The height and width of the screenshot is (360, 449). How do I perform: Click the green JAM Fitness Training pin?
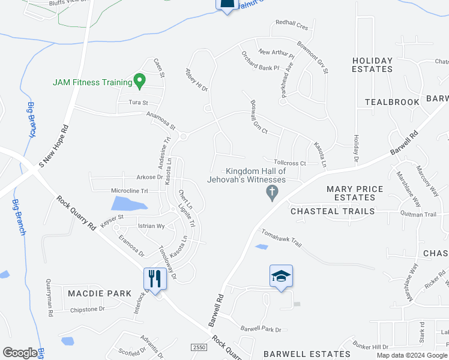point(140,80)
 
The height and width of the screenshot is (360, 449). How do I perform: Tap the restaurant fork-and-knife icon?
point(154,278)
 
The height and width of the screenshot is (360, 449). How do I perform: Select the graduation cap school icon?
point(281,276)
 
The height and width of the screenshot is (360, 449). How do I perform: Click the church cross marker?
point(272,193)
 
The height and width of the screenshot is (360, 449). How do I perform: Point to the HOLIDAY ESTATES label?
point(372,65)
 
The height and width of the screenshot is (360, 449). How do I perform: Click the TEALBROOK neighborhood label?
point(392,102)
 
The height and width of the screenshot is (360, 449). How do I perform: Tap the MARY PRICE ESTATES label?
point(355,193)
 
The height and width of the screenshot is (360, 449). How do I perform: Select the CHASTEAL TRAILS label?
point(333,211)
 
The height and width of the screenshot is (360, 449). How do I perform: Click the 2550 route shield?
point(199,347)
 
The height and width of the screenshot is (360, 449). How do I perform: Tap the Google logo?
point(20,353)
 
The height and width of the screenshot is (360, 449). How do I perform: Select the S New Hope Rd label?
point(51,147)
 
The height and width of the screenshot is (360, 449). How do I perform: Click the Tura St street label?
point(138,103)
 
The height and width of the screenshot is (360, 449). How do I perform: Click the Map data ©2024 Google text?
point(411,355)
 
